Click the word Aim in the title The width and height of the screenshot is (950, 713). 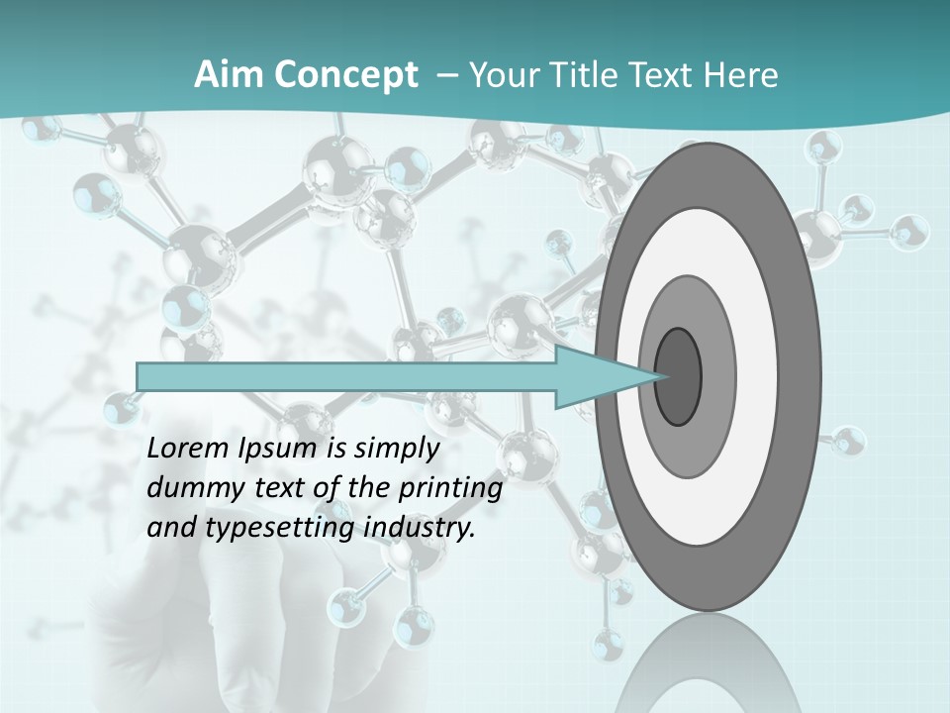tap(227, 75)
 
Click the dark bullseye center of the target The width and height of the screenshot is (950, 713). tap(678, 376)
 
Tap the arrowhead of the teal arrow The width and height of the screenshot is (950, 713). tap(604, 376)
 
